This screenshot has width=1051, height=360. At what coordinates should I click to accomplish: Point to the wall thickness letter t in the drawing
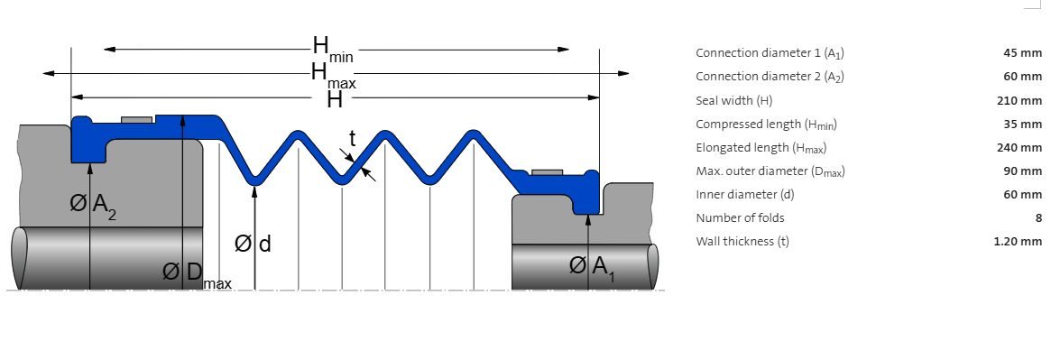pyautogui.click(x=353, y=139)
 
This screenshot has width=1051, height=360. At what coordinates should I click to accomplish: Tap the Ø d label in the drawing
pyautogui.click(x=253, y=244)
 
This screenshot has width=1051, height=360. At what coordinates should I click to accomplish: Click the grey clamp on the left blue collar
pyautogui.click(x=137, y=120)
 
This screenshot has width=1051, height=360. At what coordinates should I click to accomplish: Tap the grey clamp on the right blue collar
pyautogui.click(x=548, y=172)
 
